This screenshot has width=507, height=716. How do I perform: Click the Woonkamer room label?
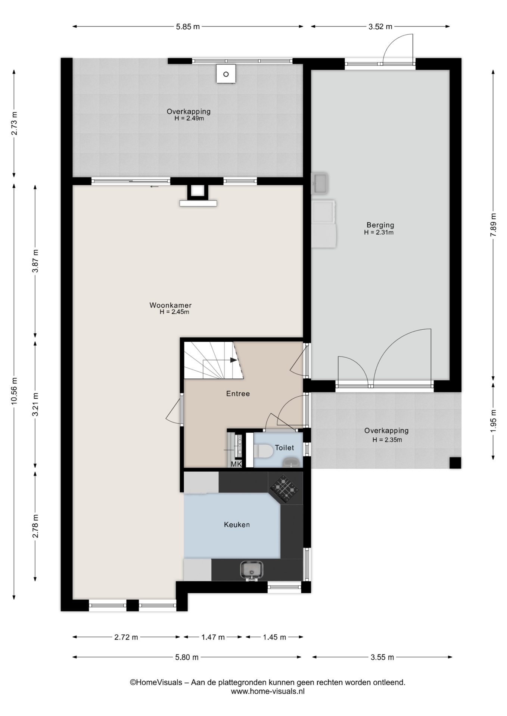(170, 305)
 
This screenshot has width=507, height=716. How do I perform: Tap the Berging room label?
(380, 225)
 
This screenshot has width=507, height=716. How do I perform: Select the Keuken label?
(237, 524)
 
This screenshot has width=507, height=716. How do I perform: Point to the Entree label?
(238, 393)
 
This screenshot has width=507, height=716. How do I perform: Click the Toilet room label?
(284, 447)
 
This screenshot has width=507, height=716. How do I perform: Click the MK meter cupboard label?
(236, 464)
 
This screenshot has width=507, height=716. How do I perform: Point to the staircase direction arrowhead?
(234, 360)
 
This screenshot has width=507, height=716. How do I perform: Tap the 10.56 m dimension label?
(14, 391)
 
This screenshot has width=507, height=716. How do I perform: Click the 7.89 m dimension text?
(494, 224)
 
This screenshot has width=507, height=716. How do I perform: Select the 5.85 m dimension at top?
(188, 26)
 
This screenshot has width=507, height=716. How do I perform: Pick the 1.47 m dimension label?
(213, 637)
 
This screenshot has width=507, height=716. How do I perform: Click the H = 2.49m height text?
(189, 119)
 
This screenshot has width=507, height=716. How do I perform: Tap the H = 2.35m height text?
(387, 440)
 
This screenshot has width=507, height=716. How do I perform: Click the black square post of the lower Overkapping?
(455, 463)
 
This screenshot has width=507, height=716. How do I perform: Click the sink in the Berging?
(320, 183)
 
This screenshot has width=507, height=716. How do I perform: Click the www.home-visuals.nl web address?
(268, 691)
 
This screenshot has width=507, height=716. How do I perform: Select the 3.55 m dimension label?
(382, 657)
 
